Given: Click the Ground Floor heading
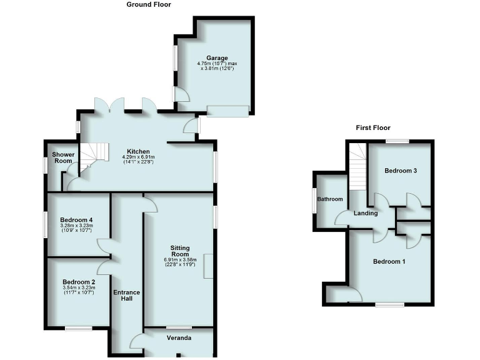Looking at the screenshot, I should coord(149,4).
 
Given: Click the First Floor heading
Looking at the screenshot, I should coord(373,127).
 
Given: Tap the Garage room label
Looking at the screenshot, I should coord(212,58).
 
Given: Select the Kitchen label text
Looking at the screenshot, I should coord(138,151).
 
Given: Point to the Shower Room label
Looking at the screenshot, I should coord(62,157).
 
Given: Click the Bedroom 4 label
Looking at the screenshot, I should coord(77,220).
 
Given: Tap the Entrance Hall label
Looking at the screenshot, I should coord(127,295).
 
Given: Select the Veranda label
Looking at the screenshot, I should coord(179,338).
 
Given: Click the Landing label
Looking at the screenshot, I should coord(366,213).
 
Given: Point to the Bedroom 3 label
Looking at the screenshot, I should coord(401,171).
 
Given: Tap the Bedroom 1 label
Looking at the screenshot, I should coord(389,261).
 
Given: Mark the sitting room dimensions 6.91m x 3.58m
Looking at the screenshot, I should coord(180,262).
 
